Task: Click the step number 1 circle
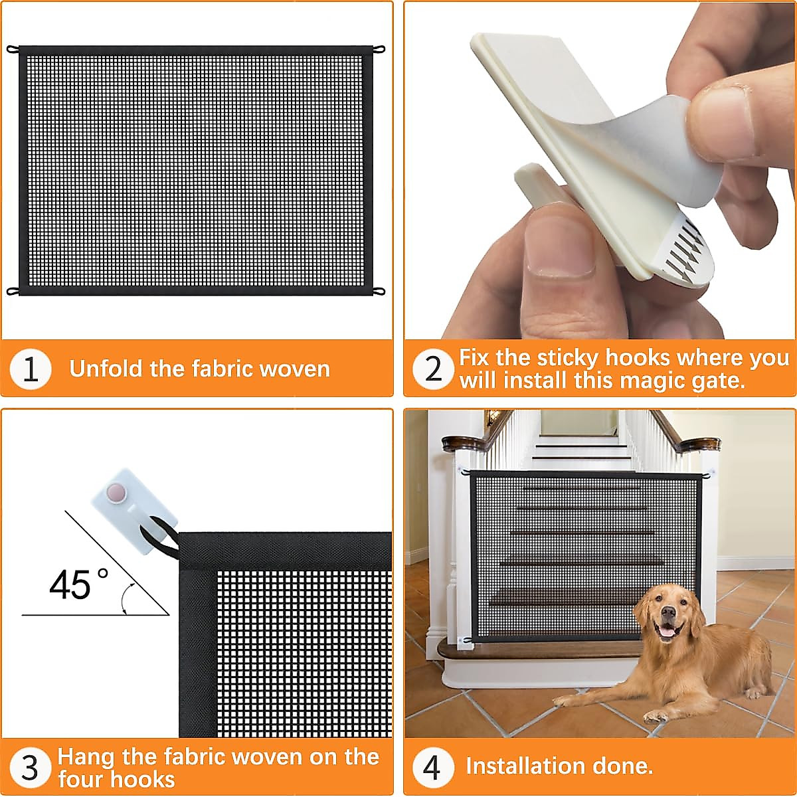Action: (31, 369)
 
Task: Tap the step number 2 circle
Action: (433, 369)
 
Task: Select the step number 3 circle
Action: (31, 768)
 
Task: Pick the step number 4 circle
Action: (433, 767)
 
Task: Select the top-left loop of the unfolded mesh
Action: (11, 49)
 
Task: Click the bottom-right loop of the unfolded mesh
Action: (379, 291)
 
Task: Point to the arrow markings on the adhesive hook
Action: (681, 249)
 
